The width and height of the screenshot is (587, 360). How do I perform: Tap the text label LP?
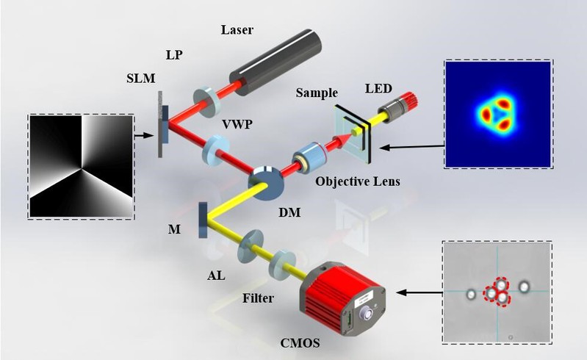pyautogui.click(x=175, y=57)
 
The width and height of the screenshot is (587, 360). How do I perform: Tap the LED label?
pyautogui.click(x=379, y=88)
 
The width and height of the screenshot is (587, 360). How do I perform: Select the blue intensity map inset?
pyautogui.click(x=497, y=114)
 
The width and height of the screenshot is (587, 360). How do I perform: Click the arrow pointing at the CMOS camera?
pyautogui.click(x=419, y=292)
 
